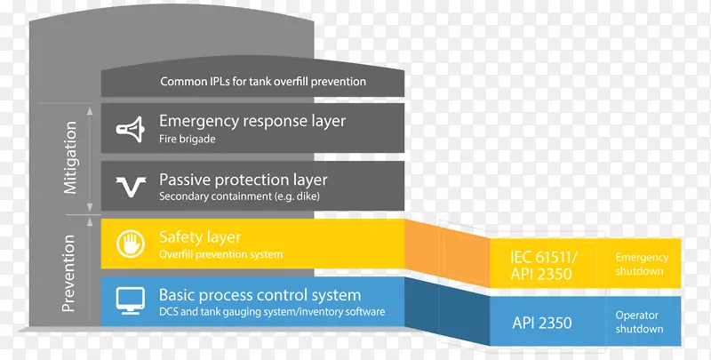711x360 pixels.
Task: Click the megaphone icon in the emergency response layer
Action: click(x=129, y=129)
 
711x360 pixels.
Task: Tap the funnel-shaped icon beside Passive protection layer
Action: click(x=129, y=186)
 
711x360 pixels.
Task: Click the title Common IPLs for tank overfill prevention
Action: click(x=263, y=82)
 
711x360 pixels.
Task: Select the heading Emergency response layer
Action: click(x=252, y=121)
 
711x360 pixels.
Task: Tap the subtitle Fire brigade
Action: click(x=188, y=139)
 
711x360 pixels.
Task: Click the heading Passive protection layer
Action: click(x=243, y=180)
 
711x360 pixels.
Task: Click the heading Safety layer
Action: click(x=200, y=237)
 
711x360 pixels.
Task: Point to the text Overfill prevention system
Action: click(x=220, y=254)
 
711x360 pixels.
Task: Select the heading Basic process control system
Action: click(x=260, y=295)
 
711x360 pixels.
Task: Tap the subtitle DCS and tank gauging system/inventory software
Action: click(x=272, y=312)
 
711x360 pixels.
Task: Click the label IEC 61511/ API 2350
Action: click(x=543, y=265)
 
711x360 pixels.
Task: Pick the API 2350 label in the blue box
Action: click(x=543, y=323)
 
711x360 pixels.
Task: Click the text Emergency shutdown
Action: click(x=641, y=264)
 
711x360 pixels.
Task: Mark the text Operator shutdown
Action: click(x=640, y=322)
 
